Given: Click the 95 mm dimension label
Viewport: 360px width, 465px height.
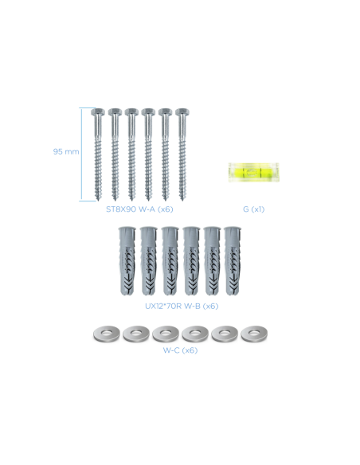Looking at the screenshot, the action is point(66,151).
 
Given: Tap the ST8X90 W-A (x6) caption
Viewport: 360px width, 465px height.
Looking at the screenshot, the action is point(139,209).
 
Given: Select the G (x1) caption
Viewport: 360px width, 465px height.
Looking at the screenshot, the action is point(253,209).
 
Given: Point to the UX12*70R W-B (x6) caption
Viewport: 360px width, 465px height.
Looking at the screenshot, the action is point(182,306).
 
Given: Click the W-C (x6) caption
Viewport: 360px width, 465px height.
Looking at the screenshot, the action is point(180,350).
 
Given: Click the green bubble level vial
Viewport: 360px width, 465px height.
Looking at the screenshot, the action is point(253,172).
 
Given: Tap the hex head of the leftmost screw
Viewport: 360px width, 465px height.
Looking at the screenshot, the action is point(97,112).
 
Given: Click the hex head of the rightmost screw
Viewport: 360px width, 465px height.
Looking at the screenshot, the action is point(182,112).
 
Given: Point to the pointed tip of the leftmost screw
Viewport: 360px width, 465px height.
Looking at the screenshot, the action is point(98,201).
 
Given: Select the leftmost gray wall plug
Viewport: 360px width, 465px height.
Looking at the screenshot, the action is point(127,261).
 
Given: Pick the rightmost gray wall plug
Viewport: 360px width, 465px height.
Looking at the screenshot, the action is point(233,261).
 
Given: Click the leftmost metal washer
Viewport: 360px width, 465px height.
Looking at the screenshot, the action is point(107,334).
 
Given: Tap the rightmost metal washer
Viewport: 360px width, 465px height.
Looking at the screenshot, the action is point(254,334).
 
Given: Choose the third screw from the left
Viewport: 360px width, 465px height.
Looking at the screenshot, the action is point(131,154).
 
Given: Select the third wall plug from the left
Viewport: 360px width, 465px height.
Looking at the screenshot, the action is point(170,261).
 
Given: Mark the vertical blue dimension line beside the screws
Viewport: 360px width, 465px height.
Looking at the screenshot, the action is point(81,154).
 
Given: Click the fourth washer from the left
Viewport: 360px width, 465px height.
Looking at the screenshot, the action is point(195,334).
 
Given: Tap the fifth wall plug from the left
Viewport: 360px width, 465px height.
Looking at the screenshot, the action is point(213,261).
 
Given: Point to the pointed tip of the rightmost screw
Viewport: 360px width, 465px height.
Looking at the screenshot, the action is point(182,201).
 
